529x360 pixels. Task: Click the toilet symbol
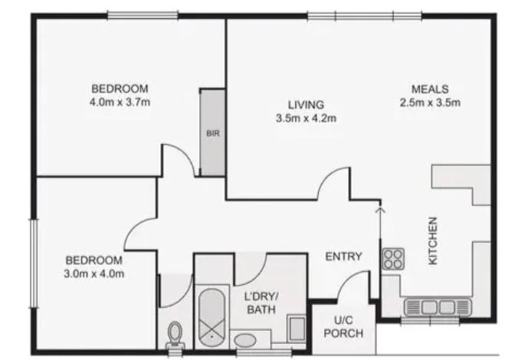175,334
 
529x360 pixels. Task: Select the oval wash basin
245,340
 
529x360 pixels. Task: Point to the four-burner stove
393,258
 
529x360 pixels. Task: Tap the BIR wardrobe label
212,133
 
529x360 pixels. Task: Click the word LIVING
306,105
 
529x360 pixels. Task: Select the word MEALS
429,89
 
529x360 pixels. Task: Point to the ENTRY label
343,257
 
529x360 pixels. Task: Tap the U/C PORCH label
343,327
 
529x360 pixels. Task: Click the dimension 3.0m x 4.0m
94,273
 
